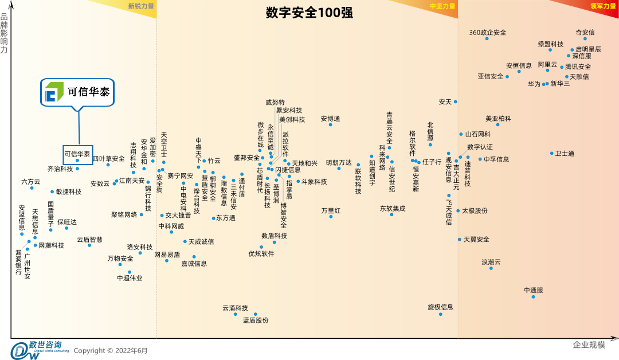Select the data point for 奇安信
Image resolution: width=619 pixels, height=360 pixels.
pyautogui.click(x=585, y=39)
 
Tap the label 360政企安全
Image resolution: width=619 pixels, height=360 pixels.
pyautogui.click(x=488, y=33)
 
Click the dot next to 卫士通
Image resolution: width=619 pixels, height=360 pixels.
pyautogui.click(x=552, y=153)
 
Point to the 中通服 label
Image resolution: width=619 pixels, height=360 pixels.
pyautogui.click(x=533, y=290)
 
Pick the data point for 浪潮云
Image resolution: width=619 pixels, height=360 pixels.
pyautogui.click(x=491, y=268)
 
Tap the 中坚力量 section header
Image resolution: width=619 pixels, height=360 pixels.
pyautogui.click(x=442, y=6)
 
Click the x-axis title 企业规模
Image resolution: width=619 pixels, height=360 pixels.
pyautogui.click(x=589, y=345)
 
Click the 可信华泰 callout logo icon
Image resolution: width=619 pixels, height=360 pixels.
pyautogui.click(x=54, y=92)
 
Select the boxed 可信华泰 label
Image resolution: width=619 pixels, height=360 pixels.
pyautogui.click(x=77, y=154)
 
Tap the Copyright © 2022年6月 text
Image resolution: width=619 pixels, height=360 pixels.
pyautogui.click(x=111, y=350)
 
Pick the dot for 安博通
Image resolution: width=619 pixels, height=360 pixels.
pyautogui.click(x=330, y=124)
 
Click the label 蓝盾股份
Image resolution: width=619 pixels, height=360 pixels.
pyautogui.click(x=256, y=320)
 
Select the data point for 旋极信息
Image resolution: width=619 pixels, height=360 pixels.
pyautogui.click(x=440, y=314)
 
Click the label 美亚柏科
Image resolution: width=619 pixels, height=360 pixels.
pyautogui.click(x=498, y=119)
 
